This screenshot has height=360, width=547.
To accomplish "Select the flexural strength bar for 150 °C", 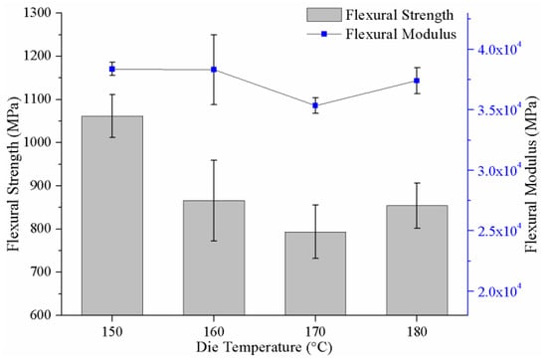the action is [x=112, y=215].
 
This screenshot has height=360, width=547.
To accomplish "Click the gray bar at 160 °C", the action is [x=214, y=258].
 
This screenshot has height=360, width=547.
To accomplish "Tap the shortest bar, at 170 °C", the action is [x=315, y=273].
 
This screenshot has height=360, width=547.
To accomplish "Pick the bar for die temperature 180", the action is [x=417, y=260].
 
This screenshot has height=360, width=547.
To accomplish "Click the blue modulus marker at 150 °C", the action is [x=112, y=69].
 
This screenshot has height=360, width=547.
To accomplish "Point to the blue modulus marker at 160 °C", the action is [x=214, y=70].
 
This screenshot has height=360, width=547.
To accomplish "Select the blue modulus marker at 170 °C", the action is [x=315, y=105].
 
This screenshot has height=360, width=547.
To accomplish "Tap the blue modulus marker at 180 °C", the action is [x=417, y=81].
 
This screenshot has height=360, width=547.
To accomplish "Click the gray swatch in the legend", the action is [x=324, y=15].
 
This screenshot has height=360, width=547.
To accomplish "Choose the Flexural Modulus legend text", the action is [x=401, y=34].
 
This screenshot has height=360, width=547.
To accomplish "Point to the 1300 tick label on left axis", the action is [x=37, y=13].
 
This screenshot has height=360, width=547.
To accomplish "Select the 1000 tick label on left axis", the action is [x=37, y=142].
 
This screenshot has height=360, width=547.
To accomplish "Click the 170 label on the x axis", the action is [x=315, y=331].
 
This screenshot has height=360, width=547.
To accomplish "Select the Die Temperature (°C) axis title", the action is [x=265, y=347].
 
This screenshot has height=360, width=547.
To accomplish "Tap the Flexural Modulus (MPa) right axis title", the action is [x=533, y=174].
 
